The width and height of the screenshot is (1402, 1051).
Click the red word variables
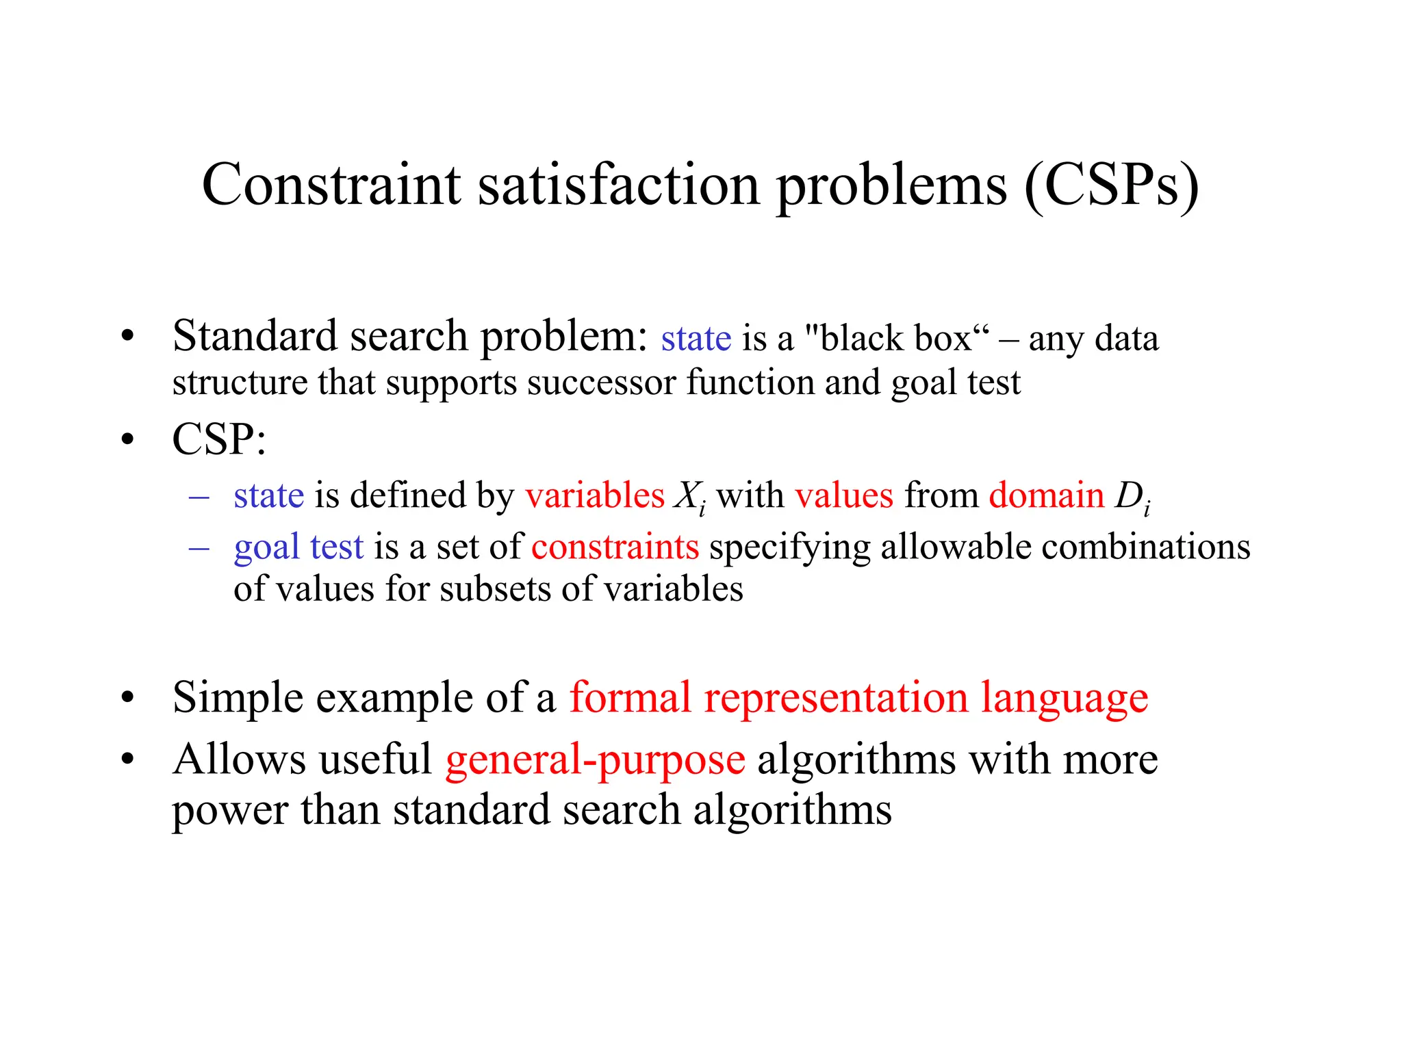[594, 495]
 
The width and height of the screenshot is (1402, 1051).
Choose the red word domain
[1046, 495]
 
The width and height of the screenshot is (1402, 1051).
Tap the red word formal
[630, 698]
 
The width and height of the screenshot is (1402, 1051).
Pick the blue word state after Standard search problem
[696, 339]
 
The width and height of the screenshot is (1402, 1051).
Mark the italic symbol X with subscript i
[689, 497]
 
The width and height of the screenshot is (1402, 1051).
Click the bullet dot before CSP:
[127, 440]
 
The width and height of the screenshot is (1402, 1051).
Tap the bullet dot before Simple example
[127, 699]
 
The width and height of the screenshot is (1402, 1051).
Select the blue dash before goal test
[199, 548]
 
